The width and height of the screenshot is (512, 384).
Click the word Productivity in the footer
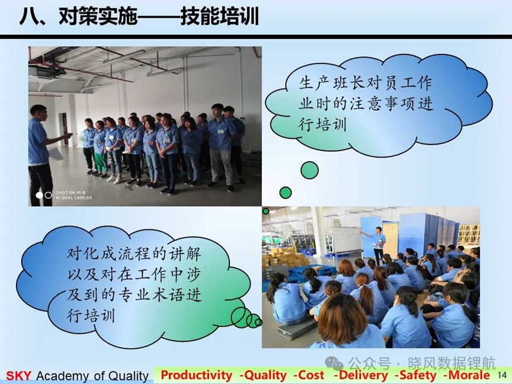point(196,375)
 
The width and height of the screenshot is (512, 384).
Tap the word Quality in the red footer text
point(265,375)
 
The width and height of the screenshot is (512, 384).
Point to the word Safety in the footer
point(418,375)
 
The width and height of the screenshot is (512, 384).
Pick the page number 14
point(501,375)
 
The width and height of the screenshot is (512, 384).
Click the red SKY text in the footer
point(18,376)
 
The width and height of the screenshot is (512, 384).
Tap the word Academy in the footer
point(62,376)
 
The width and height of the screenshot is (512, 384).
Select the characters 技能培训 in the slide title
point(219,17)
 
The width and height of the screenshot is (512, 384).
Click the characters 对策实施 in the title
point(98,17)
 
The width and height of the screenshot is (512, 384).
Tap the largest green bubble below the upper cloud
point(309,170)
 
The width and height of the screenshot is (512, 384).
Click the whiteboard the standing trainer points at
point(346,239)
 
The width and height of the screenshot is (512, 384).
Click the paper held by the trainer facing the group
point(56,153)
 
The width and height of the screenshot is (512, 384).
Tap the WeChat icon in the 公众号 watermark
point(334,363)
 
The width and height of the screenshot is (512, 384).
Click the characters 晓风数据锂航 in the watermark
point(452,363)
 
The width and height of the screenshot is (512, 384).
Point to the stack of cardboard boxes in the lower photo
point(284,257)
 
